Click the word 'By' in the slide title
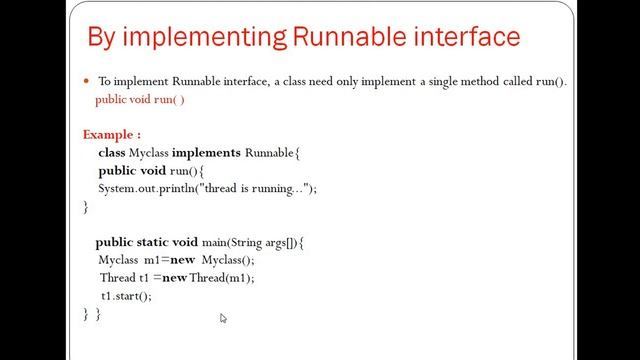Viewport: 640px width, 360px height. [103, 38]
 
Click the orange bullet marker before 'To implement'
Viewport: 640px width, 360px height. [87, 82]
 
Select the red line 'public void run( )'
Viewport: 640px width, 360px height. [140, 100]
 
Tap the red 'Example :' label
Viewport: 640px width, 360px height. [111, 134]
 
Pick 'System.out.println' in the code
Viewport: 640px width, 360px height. [148, 189]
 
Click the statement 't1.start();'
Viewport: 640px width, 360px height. [125, 296]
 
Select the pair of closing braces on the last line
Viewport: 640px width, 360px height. [92, 314]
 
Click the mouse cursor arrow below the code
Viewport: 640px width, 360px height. [223, 318]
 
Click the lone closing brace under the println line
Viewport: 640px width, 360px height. [86, 207]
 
